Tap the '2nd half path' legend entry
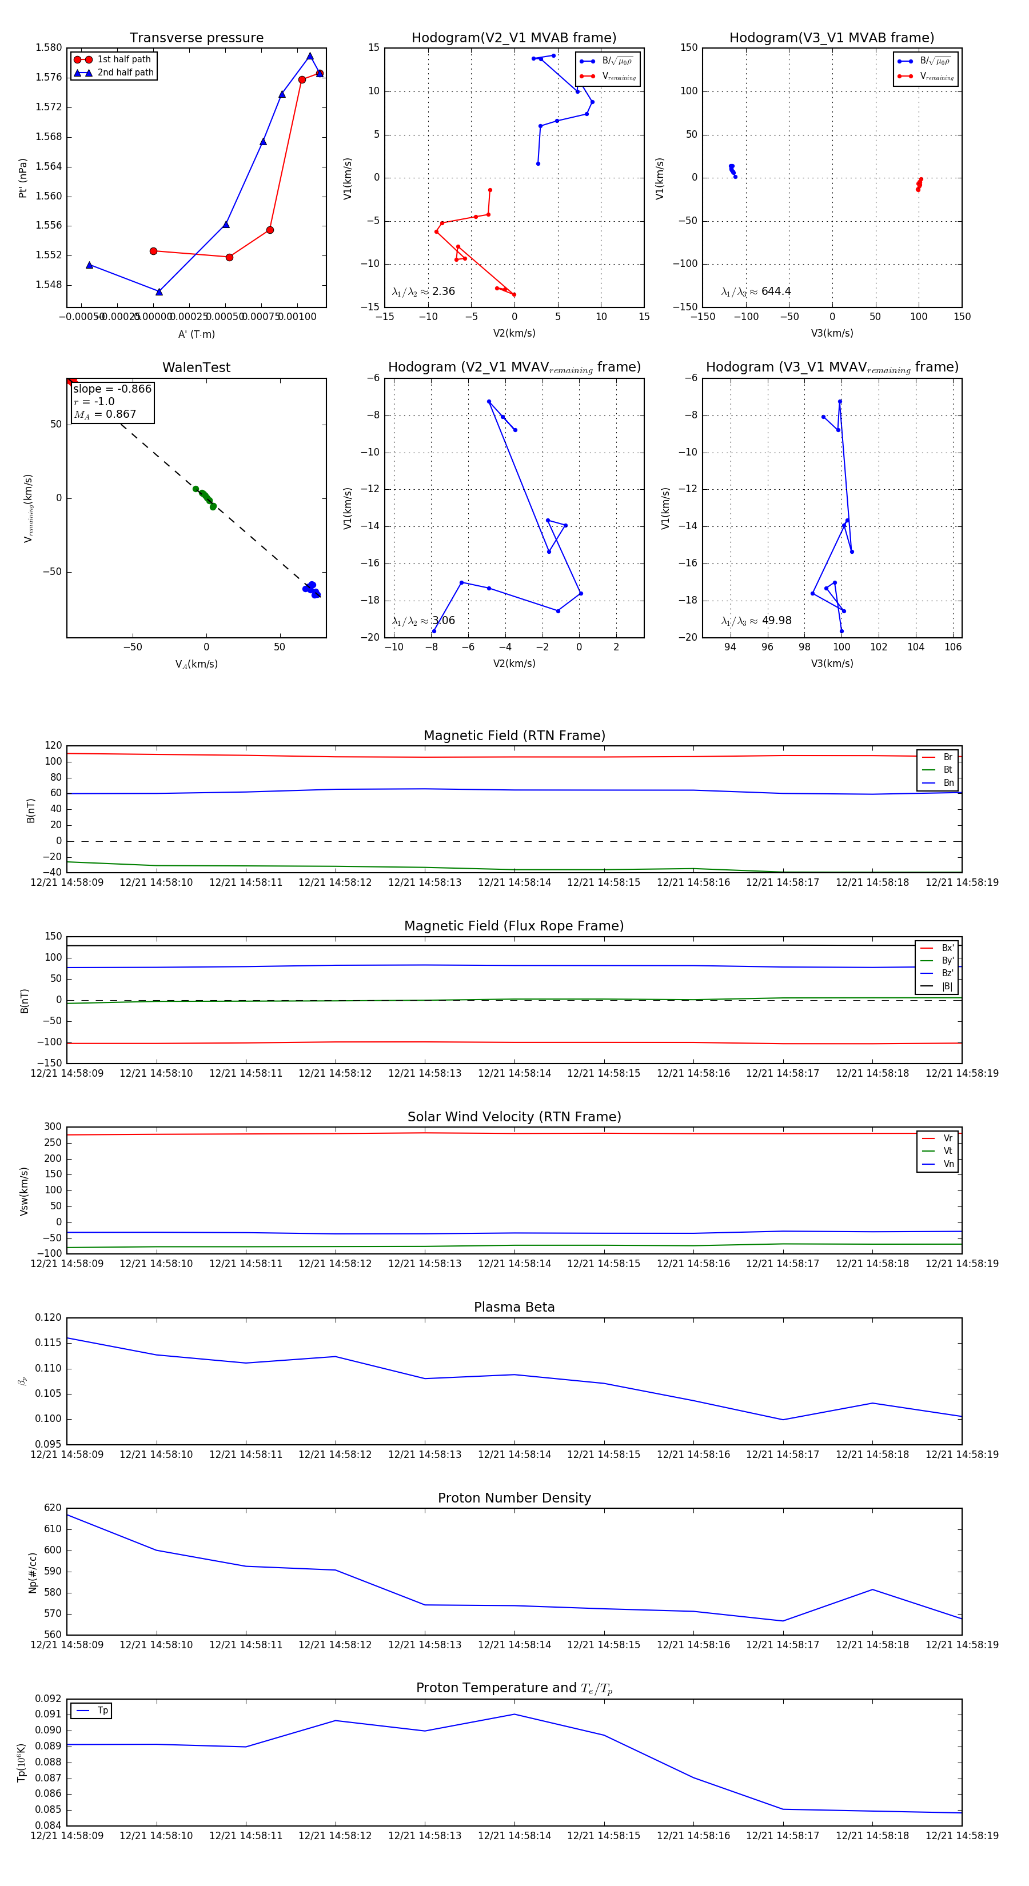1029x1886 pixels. [x=125, y=73]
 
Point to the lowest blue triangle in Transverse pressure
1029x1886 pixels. [x=159, y=292]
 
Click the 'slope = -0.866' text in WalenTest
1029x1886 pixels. [x=112, y=389]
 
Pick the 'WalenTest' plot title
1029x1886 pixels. [x=196, y=367]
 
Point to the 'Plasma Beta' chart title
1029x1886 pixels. [x=514, y=1307]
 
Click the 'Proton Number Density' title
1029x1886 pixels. [x=514, y=1498]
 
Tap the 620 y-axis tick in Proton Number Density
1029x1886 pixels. [x=53, y=1508]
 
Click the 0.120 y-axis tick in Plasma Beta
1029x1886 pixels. [x=49, y=1318]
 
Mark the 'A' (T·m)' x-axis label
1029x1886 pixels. [x=196, y=334]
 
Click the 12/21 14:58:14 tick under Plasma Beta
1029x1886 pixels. [x=514, y=1454]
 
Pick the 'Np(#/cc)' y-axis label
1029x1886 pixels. [x=32, y=1572]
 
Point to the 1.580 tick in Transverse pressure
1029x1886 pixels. [x=49, y=47]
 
